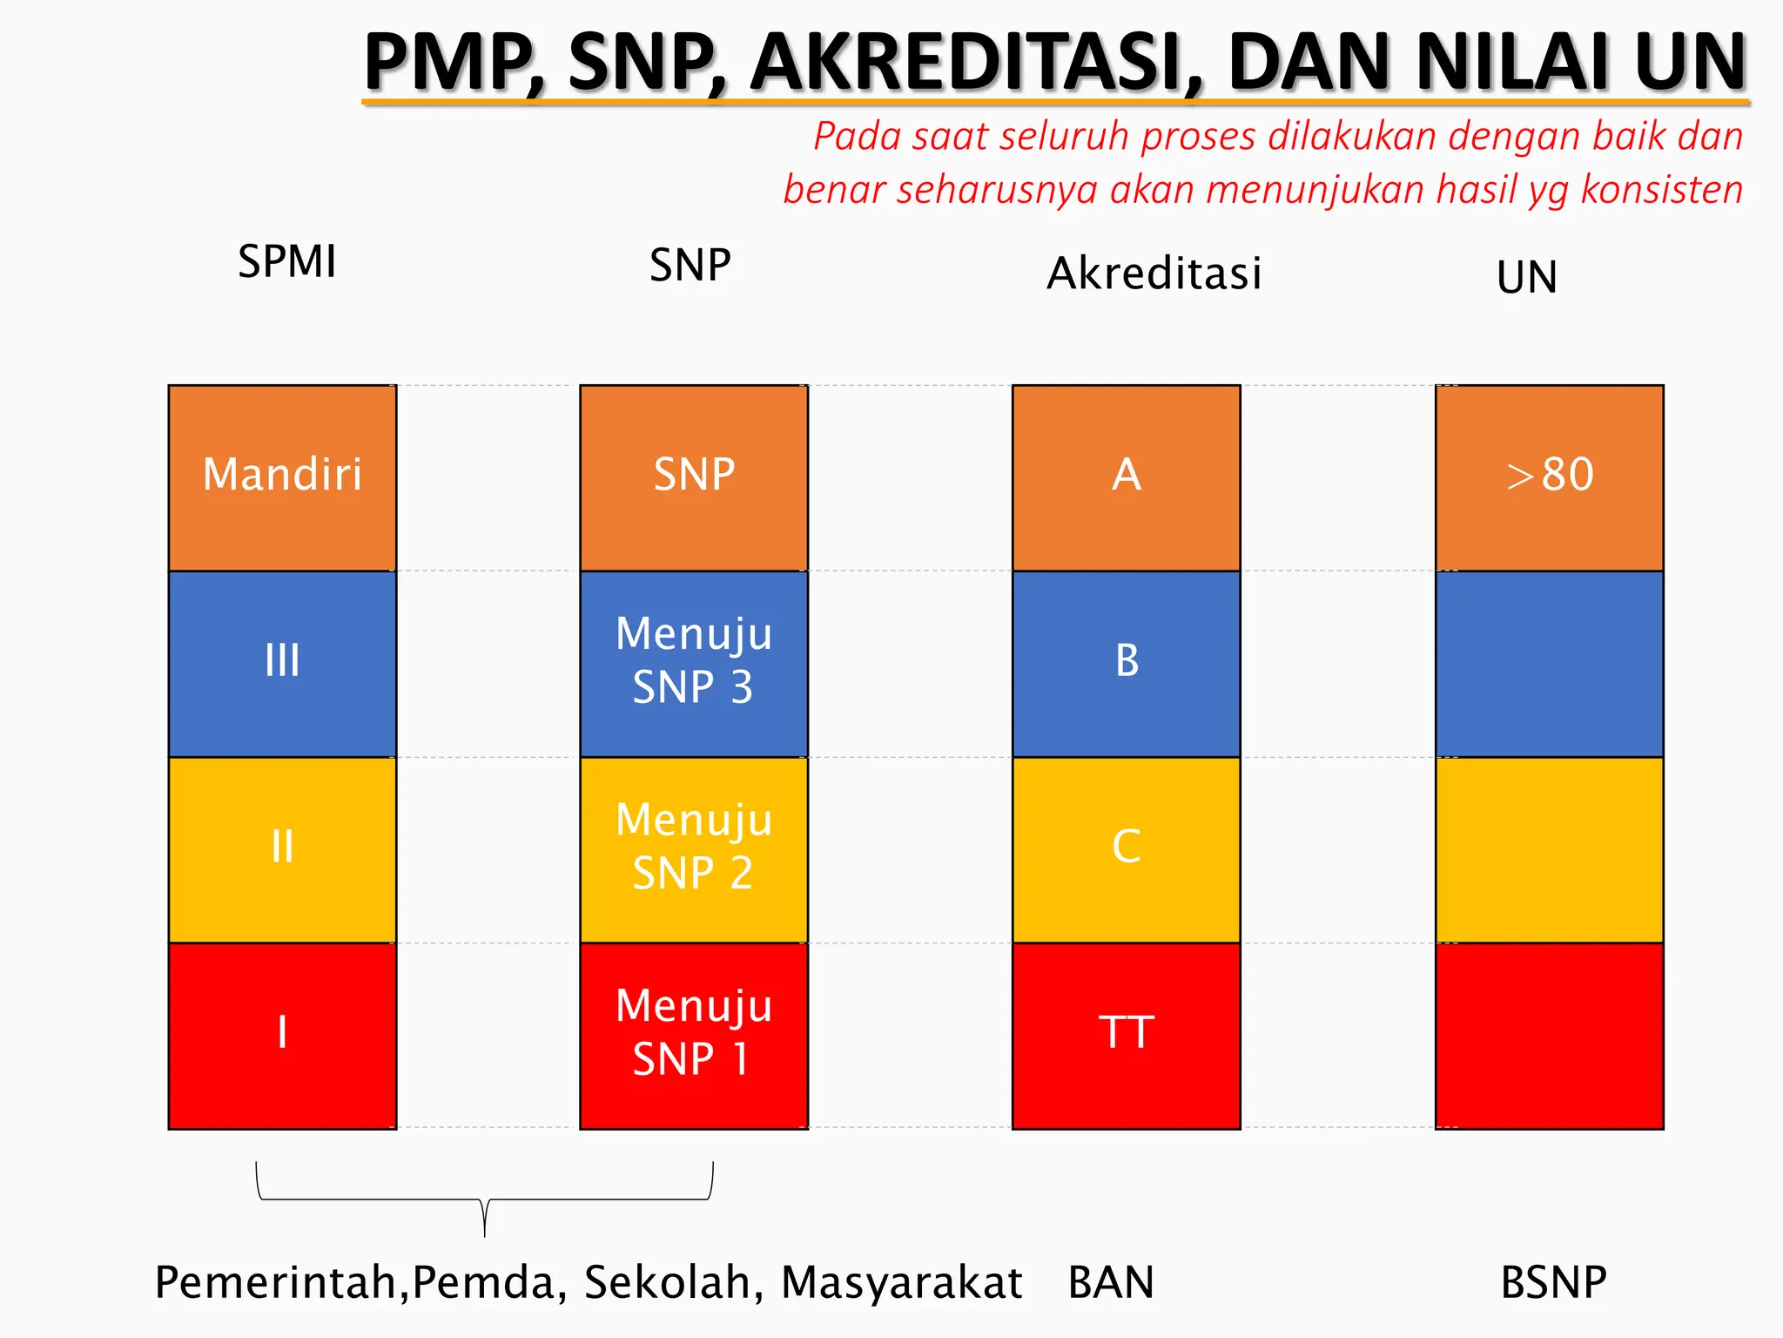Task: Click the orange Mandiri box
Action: (x=282, y=477)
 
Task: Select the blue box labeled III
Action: (x=282, y=663)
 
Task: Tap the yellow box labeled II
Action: (x=282, y=849)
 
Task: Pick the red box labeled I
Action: (x=282, y=1035)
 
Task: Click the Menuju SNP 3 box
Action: (x=694, y=663)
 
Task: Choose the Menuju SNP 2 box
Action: (x=694, y=849)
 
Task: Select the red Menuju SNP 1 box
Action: (x=694, y=1035)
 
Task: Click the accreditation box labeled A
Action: (x=1126, y=477)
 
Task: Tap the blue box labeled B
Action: (x=1126, y=663)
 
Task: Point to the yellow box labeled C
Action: (x=1126, y=849)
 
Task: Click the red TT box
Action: (x=1126, y=1035)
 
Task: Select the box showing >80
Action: (x=1550, y=477)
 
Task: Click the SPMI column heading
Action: (x=286, y=261)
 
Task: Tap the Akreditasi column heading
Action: (x=1154, y=274)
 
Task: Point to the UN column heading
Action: (x=1527, y=278)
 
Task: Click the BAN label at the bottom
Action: (x=1111, y=1282)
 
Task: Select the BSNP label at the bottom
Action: (x=1553, y=1282)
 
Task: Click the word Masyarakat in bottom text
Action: (x=901, y=1282)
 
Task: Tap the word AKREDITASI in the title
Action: (x=975, y=63)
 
